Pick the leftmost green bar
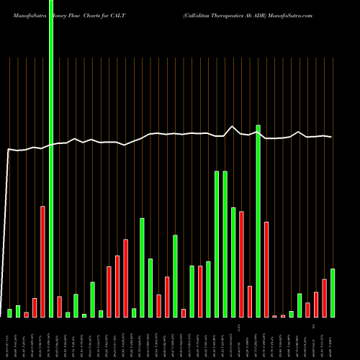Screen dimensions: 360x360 click(x=10, y=313)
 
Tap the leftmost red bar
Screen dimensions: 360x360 click(x=27, y=315)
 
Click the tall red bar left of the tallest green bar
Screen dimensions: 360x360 click(x=42, y=261)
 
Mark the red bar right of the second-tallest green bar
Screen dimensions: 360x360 click(x=266, y=269)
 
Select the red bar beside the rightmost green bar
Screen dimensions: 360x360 click(x=324, y=298)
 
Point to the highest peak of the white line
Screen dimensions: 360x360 click(x=233, y=127)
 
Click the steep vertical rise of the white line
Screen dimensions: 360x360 click(x=6, y=216)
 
